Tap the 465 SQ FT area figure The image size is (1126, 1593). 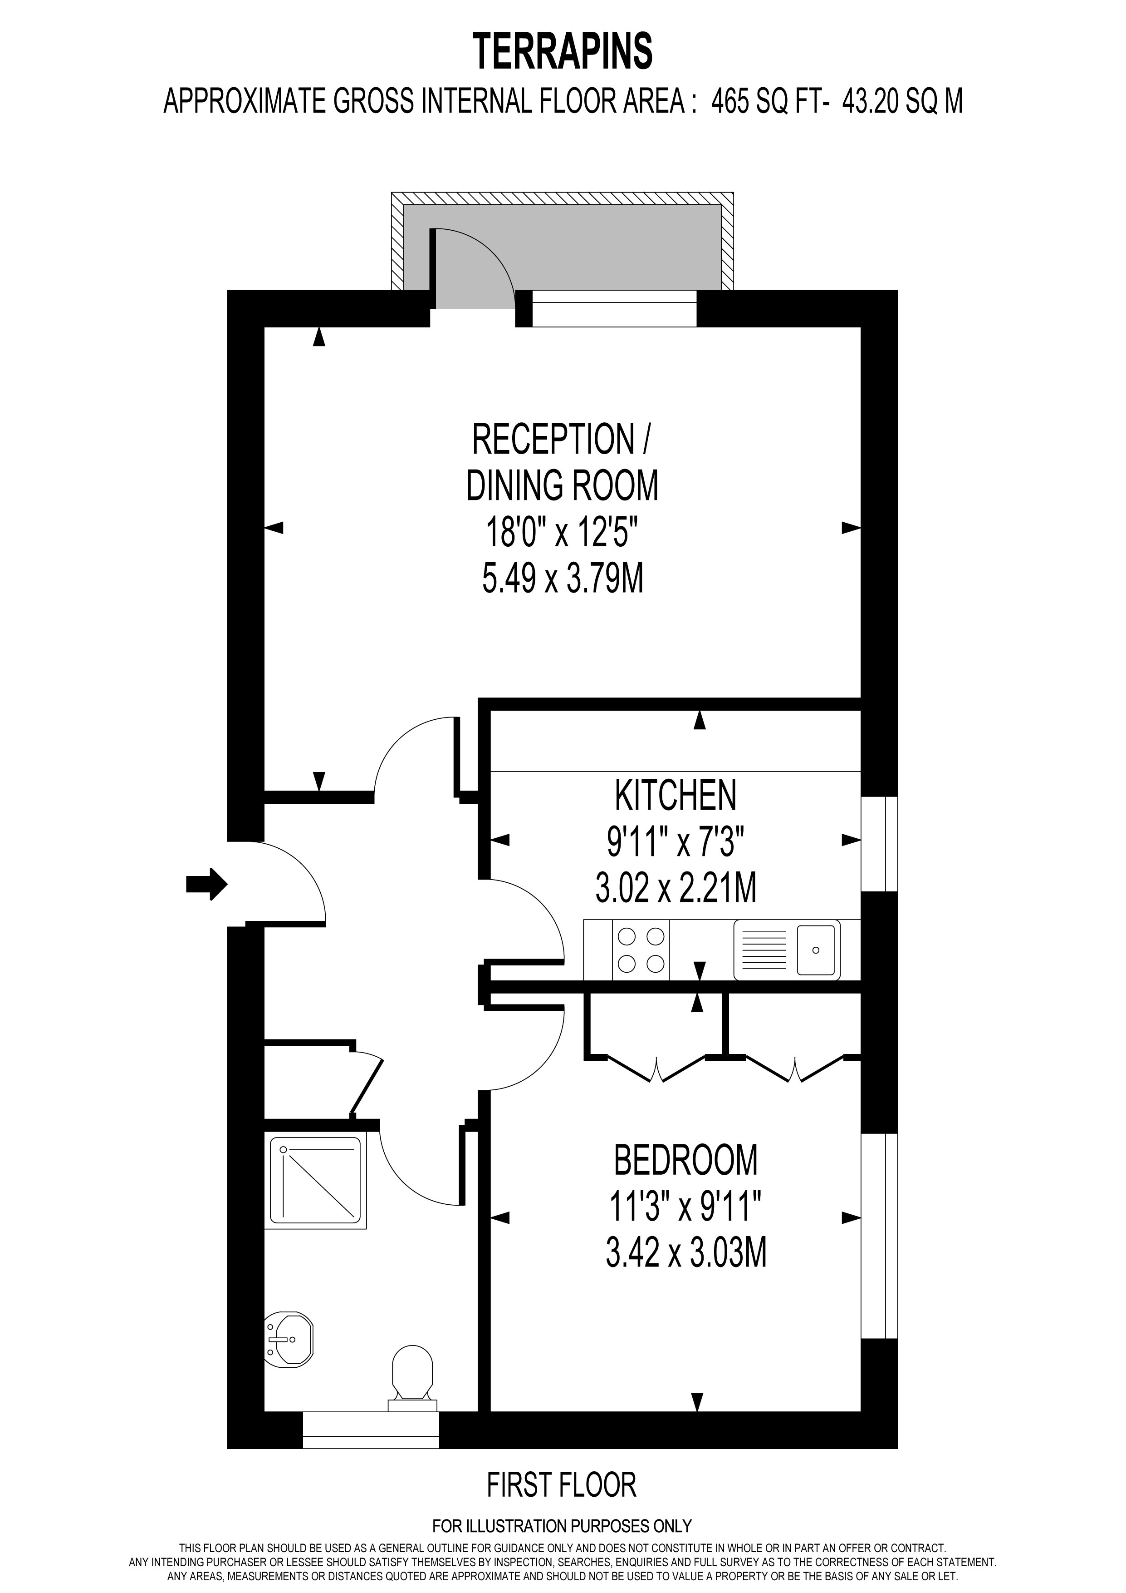769,103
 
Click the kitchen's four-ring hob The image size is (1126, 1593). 641,950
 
